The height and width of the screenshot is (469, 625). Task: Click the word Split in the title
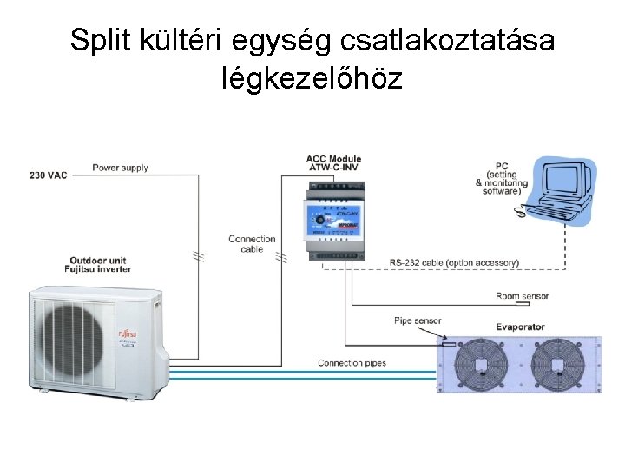98,41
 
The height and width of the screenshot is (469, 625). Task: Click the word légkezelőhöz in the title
312,80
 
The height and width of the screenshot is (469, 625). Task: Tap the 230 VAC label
49,175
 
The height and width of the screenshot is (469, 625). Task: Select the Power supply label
121,168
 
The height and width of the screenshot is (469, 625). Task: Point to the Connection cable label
252,244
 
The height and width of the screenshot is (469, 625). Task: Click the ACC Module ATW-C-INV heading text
333,163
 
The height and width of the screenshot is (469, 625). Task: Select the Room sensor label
522,295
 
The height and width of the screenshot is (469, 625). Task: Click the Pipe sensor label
418,320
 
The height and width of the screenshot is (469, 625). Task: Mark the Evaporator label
520,327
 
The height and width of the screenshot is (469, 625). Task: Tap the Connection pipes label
352,362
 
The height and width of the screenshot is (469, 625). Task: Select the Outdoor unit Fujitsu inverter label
101,265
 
